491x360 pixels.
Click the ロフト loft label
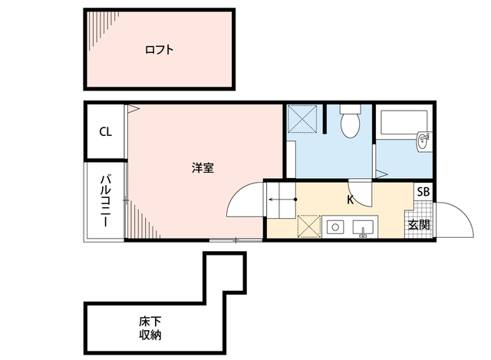[x=159, y=50]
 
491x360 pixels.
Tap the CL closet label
[x=106, y=131]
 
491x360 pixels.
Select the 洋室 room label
[x=203, y=168]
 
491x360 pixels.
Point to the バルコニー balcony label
[x=106, y=201]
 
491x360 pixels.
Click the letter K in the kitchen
[x=351, y=200]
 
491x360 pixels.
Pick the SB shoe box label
[x=423, y=191]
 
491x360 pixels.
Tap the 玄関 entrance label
[x=419, y=225]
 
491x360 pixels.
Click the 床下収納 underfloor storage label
[x=150, y=329]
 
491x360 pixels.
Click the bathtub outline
[x=404, y=122]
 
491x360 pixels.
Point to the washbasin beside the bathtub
[x=423, y=142]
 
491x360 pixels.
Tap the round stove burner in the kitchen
[x=335, y=227]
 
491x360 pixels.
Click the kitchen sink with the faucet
[x=363, y=228]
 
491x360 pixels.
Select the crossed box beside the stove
[x=309, y=226]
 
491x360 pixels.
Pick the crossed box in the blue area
[x=302, y=119]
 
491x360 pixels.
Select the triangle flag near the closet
[x=133, y=109]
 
